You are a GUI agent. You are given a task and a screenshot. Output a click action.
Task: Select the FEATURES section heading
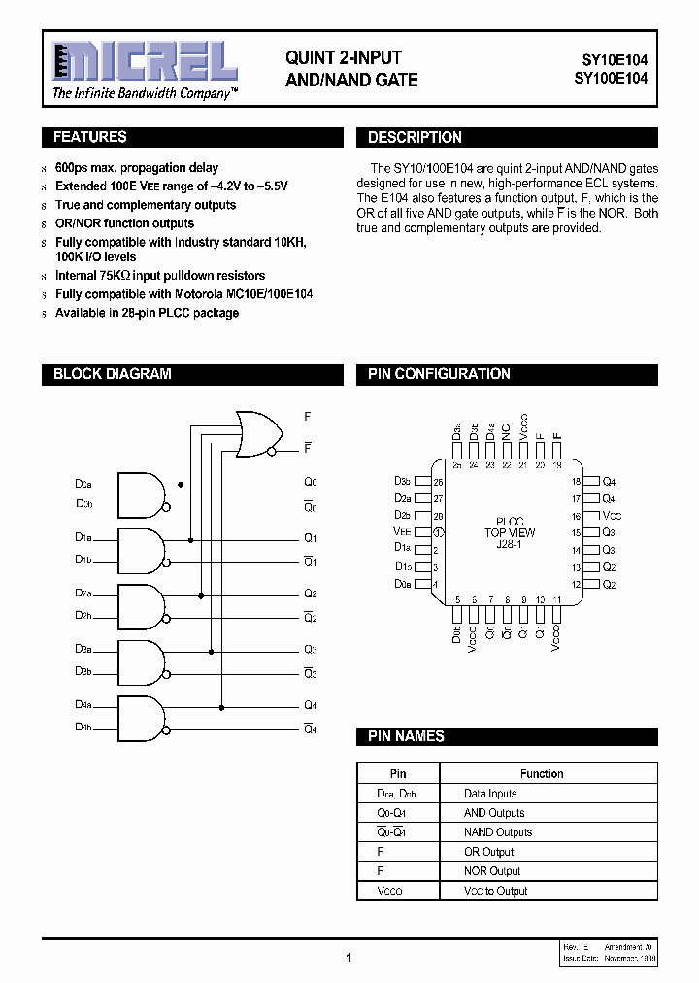[x=89, y=138]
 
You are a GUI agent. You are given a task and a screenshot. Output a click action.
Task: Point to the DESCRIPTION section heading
[x=415, y=138]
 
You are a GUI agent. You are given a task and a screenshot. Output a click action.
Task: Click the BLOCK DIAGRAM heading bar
[x=112, y=374]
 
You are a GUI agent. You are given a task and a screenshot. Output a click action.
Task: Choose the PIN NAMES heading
[x=406, y=737]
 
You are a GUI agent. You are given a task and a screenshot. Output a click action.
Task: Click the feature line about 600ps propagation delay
[x=136, y=168]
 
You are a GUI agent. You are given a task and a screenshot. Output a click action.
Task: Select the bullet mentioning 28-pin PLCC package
[x=147, y=313]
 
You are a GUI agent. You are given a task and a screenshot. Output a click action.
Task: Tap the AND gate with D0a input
[x=142, y=493]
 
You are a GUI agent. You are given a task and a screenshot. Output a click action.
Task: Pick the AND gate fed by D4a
[x=142, y=717]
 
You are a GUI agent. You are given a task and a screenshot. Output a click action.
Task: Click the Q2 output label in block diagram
[x=311, y=593]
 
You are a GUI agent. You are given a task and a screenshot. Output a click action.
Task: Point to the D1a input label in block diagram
[x=83, y=537]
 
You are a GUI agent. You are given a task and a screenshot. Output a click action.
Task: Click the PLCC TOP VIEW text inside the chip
[x=510, y=532]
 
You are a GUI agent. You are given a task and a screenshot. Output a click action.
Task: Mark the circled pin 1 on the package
[x=438, y=532]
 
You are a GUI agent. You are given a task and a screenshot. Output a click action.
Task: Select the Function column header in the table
[x=541, y=774]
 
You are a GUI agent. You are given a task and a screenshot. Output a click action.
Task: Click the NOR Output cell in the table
[x=492, y=871]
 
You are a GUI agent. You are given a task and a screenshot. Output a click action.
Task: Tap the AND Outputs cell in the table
[x=494, y=813]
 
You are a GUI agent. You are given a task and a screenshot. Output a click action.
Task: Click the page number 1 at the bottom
[x=349, y=957]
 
